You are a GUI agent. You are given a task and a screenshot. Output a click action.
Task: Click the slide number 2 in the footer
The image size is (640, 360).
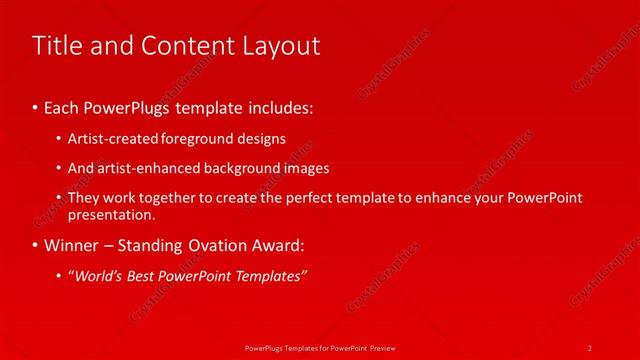(x=590, y=347)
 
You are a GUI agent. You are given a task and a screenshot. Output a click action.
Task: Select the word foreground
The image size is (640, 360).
(x=198, y=138)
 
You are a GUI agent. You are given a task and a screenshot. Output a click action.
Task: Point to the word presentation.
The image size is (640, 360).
(x=111, y=214)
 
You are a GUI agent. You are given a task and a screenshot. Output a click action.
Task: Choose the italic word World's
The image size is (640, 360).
(x=97, y=276)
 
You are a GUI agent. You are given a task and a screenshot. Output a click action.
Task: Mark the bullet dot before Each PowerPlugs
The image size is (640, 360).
(x=36, y=105)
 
